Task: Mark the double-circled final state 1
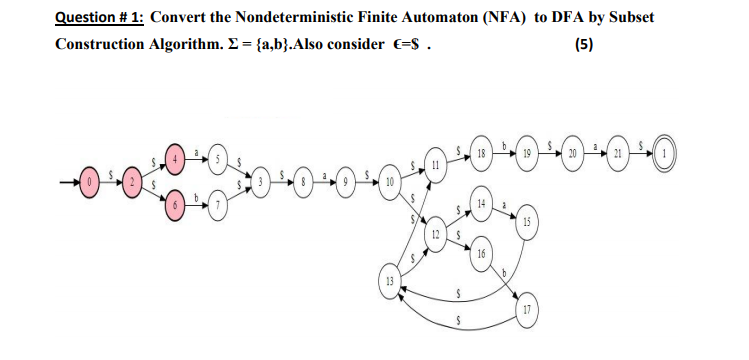665,158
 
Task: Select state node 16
481,255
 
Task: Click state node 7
213,207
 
